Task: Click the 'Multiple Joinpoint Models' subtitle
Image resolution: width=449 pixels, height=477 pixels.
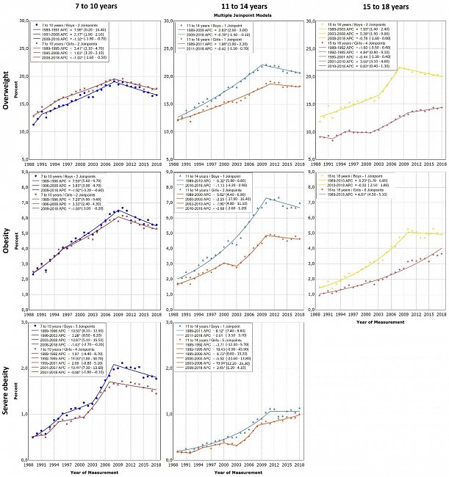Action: [x=235, y=15]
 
